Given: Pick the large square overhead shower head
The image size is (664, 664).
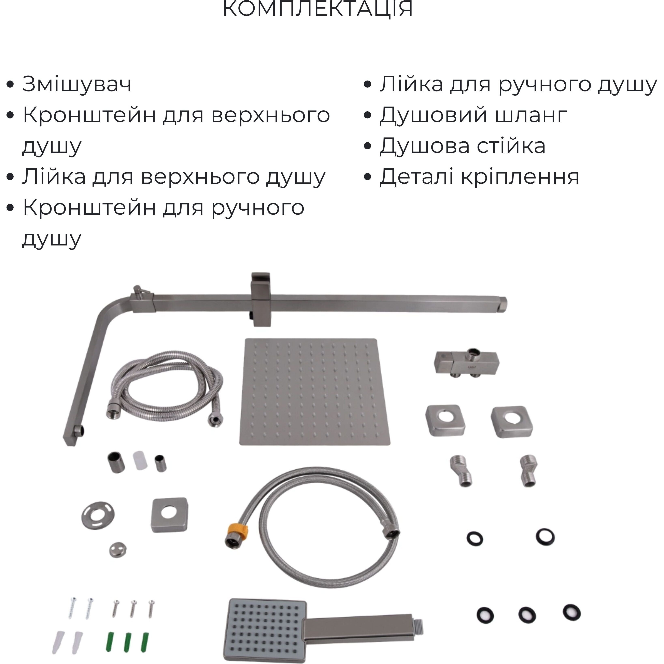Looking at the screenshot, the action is coord(315,392).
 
